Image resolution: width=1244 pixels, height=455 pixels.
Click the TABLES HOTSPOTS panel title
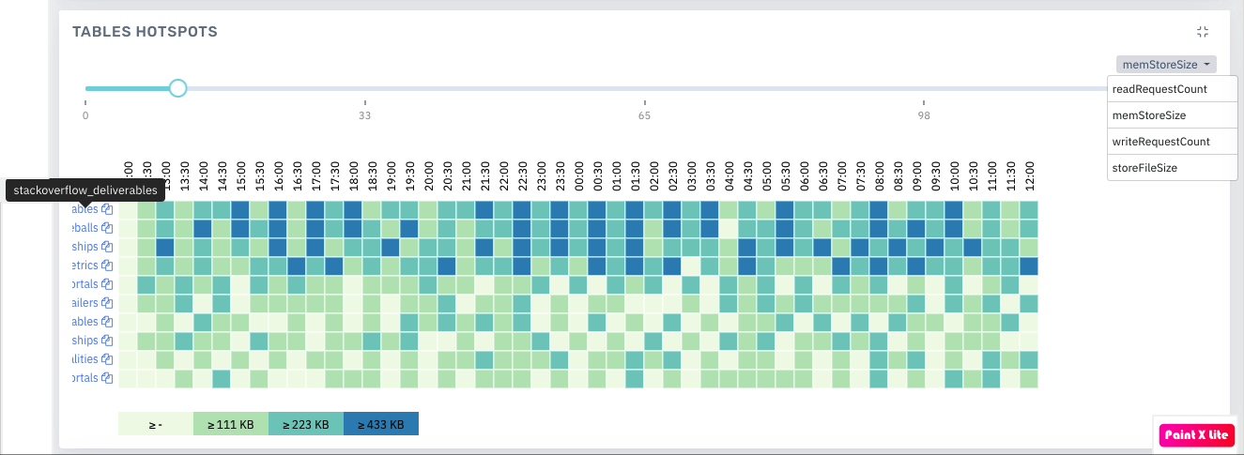coord(145,32)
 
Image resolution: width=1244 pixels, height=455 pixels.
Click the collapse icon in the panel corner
coord(1203,32)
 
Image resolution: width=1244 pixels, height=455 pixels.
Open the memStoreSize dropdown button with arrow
coord(1166,65)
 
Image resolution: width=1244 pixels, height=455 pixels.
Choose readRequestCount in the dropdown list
coord(1159,89)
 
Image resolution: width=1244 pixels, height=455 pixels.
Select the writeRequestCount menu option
coord(1160,142)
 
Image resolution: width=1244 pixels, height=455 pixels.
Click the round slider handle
coord(177,88)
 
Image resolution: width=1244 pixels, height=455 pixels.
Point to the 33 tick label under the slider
coord(364,116)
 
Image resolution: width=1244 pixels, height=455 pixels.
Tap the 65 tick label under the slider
coord(644,116)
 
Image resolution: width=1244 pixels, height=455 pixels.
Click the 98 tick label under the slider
coord(924,116)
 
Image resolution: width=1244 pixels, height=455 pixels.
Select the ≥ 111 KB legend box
coord(230,424)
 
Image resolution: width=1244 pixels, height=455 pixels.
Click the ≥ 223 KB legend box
coord(305,424)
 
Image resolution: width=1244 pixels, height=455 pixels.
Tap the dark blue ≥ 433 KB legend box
coord(380,424)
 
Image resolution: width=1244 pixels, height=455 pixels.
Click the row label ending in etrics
coord(84,265)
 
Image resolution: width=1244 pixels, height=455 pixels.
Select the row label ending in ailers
coord(84,303)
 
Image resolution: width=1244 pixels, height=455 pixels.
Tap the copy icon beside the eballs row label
coord(107,228)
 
